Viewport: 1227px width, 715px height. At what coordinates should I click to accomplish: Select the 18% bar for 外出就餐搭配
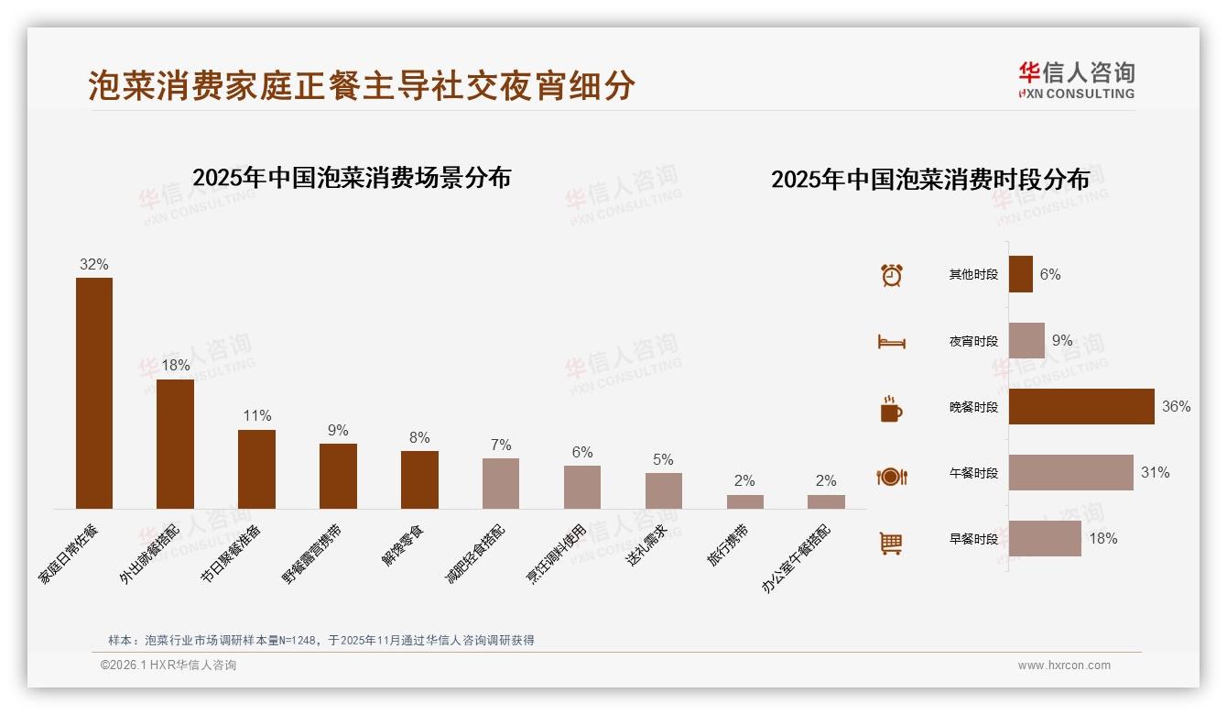175,444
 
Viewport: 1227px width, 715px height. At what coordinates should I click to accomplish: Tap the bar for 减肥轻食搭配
501,483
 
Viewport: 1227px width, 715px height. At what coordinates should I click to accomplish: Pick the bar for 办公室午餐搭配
826,501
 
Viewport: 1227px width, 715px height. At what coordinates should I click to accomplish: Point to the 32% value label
94,264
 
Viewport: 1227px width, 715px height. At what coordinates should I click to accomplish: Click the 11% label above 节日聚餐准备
257,415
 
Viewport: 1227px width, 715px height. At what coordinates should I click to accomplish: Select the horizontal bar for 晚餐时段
1081,406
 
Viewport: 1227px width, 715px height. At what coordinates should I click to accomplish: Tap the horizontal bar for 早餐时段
1045,538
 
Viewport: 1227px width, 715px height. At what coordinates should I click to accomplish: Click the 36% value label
1176,406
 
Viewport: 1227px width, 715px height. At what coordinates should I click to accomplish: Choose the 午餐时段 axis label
973,473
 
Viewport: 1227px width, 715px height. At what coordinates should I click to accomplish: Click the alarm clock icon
892,274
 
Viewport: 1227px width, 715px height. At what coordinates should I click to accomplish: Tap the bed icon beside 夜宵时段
892,341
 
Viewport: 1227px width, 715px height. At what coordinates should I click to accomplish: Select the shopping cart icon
892,543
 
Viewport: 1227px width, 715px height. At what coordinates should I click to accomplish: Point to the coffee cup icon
891,409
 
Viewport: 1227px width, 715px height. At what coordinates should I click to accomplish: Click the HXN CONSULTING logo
1077,80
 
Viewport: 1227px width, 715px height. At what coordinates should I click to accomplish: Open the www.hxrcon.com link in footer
1064,665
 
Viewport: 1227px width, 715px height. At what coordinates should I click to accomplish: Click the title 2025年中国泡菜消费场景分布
352,177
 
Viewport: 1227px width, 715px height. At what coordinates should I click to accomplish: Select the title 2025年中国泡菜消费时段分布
930,179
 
